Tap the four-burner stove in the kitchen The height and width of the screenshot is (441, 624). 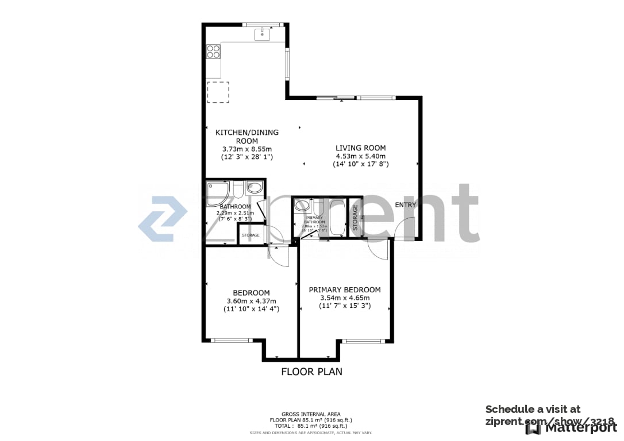pos(214,52)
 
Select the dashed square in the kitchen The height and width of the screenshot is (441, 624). pos(218,92)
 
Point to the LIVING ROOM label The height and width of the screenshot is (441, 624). pos(360,148)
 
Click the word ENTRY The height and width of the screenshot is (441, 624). pos(406,205)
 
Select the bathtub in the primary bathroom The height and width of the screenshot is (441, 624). pos(337,217)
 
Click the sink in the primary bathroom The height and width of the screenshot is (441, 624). pos(303,206)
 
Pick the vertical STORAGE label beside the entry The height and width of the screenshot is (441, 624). pos(355,218)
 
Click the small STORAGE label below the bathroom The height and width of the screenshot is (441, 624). pos(251,235)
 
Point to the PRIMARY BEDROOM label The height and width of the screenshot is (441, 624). pos(344,290)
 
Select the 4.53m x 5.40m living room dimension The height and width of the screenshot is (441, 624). pos(360,156)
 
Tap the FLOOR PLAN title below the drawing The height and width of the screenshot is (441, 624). pos(311,372)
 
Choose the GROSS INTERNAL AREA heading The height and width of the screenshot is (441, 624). pos(310,414)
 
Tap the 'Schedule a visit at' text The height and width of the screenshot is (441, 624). pos(533,409)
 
